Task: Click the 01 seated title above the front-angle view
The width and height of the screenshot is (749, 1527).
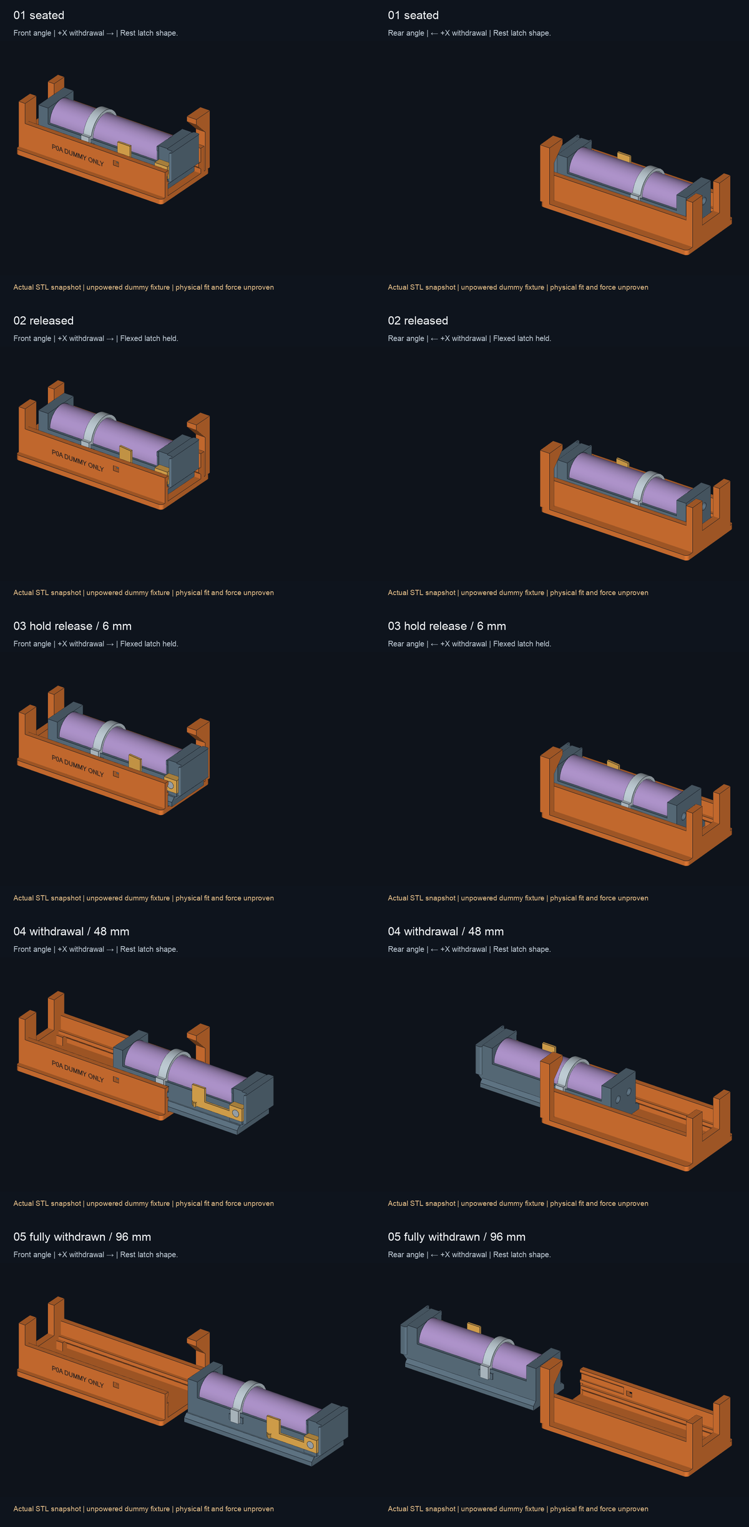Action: (39, 15)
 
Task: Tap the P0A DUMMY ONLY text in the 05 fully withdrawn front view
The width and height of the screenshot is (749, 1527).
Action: (78, 1376)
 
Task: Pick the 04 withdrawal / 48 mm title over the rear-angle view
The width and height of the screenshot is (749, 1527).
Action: (446, 931)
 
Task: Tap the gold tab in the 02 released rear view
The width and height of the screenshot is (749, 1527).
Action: (622, 462)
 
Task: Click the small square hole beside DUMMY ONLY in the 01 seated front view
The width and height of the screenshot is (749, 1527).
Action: (115, 164)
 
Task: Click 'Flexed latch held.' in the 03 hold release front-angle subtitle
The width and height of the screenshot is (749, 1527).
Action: (149, 644)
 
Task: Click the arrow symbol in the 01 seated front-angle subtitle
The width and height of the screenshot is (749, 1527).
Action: (110, 33)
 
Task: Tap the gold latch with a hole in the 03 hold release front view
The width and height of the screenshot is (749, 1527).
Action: (172, 784)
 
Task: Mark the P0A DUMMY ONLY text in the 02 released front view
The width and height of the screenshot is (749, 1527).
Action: (78, 460)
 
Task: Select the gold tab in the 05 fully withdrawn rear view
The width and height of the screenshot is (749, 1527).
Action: (474, 1327)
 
